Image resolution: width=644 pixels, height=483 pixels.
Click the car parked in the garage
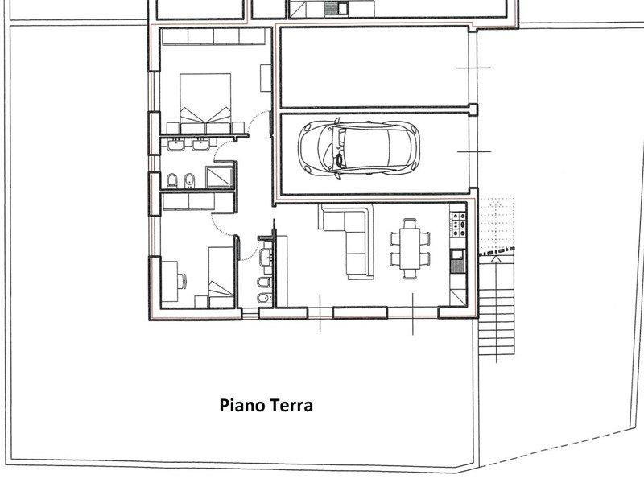(359, 148)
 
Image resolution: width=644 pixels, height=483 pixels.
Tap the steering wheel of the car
(340, 159)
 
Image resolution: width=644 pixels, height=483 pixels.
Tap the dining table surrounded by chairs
(410, 249)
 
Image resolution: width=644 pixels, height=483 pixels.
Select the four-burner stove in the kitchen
(459, 225)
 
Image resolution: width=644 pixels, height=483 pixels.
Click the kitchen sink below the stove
(457, 260)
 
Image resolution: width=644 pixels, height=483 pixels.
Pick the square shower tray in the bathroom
(220, 176)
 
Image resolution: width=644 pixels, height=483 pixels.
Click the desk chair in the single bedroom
(183, 281)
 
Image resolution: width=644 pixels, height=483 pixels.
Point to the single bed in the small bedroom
(221, 277)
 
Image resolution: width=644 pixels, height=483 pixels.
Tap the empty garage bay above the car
(374, 68)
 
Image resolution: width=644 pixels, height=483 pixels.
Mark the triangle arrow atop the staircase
(496, 259)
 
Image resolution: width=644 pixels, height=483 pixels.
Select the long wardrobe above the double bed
(214, 36)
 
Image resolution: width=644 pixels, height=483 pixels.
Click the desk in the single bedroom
(170, 281)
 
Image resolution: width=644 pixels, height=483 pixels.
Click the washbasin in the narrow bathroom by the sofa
(266, 258)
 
